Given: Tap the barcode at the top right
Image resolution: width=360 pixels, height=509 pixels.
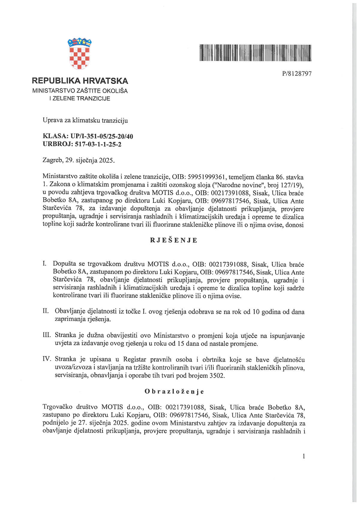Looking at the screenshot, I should click(x=255, y=53).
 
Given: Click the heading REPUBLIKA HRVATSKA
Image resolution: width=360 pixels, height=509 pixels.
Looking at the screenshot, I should click(x=80, y=81).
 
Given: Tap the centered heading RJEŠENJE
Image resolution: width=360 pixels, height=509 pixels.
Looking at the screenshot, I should click(x=174, y=241).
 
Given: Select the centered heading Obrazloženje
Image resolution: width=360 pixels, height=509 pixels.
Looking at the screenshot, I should click(x=174, y=391).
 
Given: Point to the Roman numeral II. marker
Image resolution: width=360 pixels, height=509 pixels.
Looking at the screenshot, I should click(x=46, y=311).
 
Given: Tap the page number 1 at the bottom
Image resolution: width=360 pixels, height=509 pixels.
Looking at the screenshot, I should click(x=304, y=457).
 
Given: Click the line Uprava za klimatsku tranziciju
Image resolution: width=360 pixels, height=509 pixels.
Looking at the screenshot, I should click(x=85, y=121).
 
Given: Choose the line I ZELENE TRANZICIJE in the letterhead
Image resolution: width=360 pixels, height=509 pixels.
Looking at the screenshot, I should click(x=80, y=98).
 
